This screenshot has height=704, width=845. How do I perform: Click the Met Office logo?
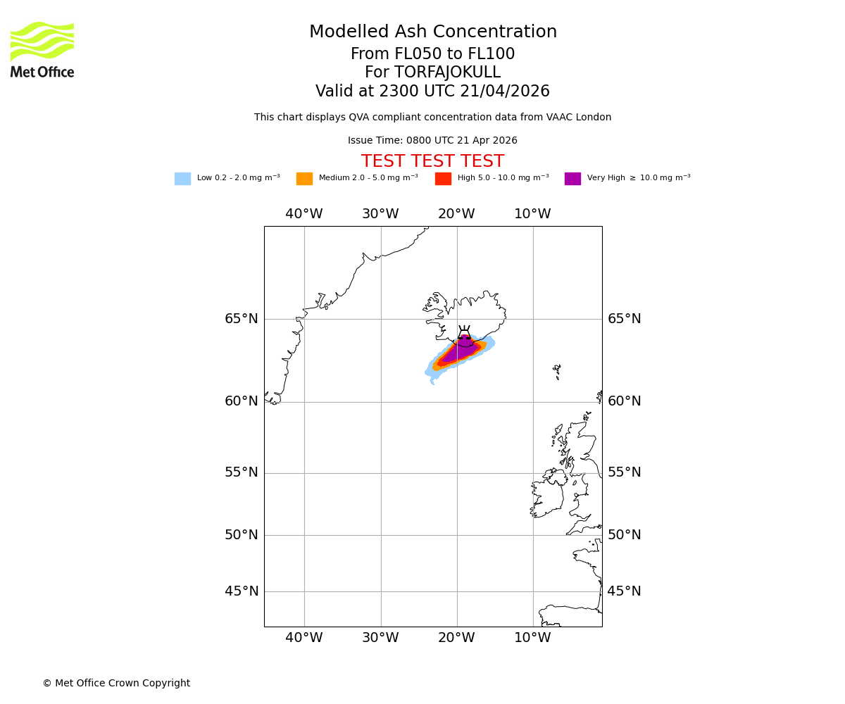(42, 50)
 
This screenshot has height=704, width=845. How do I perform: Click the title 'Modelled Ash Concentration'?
(433, 32)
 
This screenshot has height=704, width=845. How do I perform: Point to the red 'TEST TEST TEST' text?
(433, 162)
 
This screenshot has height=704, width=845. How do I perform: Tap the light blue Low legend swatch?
(182, 179)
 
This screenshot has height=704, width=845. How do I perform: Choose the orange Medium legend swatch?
(304, 179)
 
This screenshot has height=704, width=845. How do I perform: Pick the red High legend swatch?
(443, 179)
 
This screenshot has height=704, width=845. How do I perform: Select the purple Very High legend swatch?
(572, 179)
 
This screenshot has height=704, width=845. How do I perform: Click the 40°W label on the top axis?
(304, 214)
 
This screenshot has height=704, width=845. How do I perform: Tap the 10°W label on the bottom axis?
(532, 638)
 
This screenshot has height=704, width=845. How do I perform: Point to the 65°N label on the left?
(242, 319)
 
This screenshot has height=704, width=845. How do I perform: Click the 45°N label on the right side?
(624, 591)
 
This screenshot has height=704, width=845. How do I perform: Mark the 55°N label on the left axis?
(242, 472)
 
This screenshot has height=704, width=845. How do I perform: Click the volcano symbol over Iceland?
(464, 333)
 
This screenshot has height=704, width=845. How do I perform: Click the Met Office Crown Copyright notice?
(116, 684)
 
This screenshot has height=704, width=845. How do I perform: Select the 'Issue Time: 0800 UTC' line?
(432, 141)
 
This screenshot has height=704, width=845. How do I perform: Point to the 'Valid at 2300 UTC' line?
(432, 92)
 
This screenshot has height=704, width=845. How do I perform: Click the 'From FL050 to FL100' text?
(432, 54)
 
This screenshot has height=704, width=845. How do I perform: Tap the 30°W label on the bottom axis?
(380, 638)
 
